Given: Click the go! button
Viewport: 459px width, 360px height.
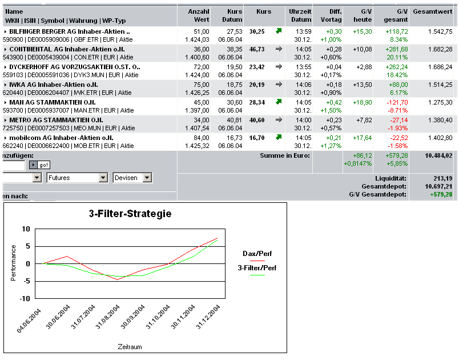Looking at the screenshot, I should click(44, 165).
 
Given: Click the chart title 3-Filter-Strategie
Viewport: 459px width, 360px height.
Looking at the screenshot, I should click(130, 214).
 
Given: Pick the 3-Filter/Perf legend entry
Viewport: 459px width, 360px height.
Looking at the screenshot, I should click(257, 267).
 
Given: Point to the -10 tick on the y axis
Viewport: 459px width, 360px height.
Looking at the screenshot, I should click(25, 298).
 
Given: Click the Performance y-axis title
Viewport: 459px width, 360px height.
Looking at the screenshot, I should click(14, 263).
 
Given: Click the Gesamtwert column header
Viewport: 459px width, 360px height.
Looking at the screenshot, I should click(432, 11).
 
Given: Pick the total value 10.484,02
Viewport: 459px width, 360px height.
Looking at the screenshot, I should click(438, 155).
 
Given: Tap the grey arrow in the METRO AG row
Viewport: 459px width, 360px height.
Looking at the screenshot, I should click(279, 120).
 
